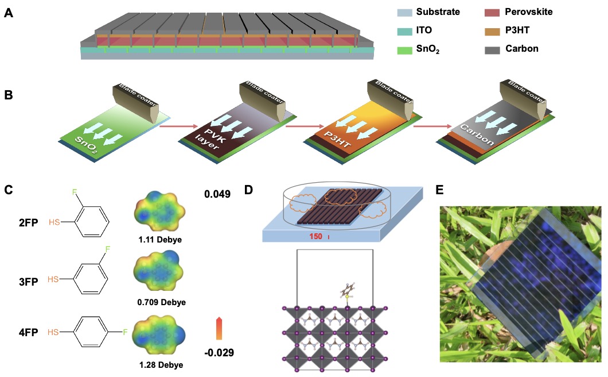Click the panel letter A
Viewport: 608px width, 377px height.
(9, 12)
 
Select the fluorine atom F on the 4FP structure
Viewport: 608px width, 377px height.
(127, 332)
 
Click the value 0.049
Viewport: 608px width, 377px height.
(217, 194)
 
